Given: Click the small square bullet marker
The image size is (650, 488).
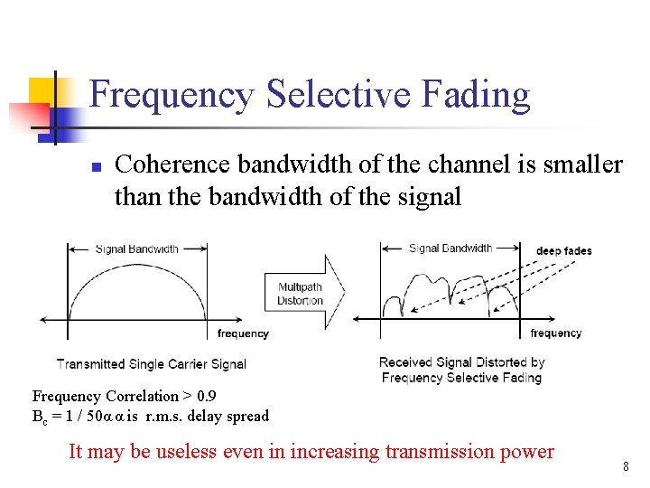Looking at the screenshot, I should click(94, 167).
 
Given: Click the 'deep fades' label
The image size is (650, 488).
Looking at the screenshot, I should click(563, 250).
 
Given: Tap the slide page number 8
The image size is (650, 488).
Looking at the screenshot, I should click(625, 466).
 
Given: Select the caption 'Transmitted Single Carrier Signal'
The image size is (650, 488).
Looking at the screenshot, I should click(152, 364).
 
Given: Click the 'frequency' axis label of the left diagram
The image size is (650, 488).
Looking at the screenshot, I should click(243, 333).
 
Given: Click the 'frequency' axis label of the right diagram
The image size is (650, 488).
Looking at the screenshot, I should click(556, 333).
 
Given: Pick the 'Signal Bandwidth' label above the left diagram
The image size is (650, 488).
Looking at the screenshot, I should click(137, 249).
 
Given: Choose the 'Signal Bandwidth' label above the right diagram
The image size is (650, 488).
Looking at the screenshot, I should click(450, 248).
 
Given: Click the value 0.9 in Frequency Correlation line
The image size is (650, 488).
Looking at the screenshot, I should click(206, 396).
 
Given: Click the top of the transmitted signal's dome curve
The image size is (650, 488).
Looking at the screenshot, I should click(137, 276).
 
